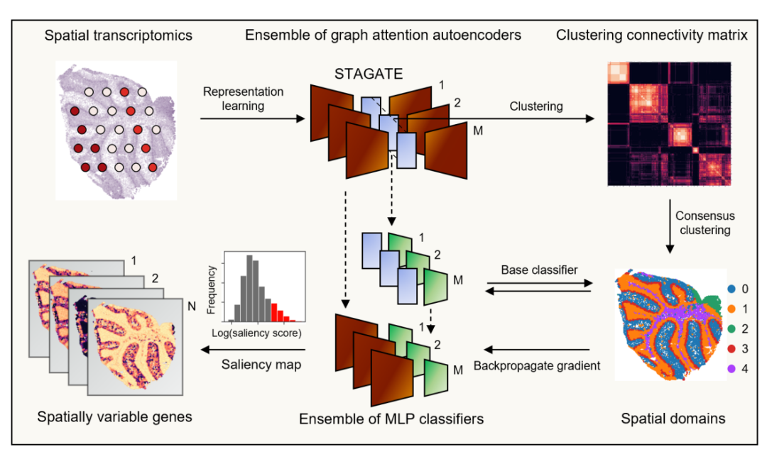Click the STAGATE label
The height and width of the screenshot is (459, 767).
coord(369,74)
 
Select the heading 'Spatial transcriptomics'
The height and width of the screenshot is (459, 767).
coord(119,35)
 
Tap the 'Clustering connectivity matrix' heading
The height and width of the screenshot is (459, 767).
coord(651,35)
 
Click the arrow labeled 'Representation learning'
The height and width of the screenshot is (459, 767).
coord(252,118)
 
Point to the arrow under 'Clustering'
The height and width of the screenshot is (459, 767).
coord(494,118)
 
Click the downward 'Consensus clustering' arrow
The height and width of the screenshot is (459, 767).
coord(670,226)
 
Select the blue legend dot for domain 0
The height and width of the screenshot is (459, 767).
coord(731,289)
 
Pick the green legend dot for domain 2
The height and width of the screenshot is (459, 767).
coord(731,329)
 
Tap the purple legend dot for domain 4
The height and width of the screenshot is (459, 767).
coord(731,369)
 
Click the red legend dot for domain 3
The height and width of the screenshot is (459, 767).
coord(731,348)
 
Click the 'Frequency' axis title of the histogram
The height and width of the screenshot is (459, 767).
coord(212,289)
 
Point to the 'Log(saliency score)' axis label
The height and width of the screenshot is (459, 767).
coord(256,333)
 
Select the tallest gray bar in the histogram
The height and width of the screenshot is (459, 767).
coord(249,288)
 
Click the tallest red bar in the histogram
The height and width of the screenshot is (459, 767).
coord(274,312)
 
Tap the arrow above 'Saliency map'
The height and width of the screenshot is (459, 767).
coord(253,350)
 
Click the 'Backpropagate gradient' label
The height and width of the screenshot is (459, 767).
coord(537,365)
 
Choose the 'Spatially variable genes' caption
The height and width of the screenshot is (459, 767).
coord(114,417)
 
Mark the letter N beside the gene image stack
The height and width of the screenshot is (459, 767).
coord(192,306)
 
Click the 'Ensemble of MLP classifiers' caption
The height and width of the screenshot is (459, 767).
coord(391,419)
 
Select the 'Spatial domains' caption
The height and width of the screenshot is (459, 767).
coord(673,419)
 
